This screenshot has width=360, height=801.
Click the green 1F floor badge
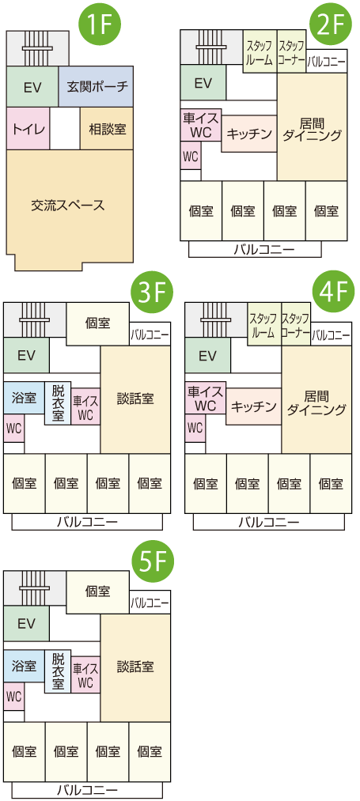(x=100, y=24)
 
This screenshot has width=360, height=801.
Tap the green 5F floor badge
(x=153, y=564)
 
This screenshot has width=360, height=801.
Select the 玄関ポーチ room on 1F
(x=96, y=86)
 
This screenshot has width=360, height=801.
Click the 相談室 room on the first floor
(x=107, y=128)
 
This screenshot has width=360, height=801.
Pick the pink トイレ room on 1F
(x=28, y=128)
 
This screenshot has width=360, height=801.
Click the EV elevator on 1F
(x=32, y=86)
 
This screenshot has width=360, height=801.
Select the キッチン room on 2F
(x=249, y=134)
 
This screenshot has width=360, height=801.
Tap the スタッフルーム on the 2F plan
(x=260, y=51)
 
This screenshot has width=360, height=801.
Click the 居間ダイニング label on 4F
(x=316, y=402)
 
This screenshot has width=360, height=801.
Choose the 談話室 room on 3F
(x=135, y=399)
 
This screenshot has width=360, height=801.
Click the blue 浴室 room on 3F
(x=24, y=398)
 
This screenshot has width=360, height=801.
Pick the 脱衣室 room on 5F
(x=58, y=671)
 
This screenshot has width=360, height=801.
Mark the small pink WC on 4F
(x=195, y=428)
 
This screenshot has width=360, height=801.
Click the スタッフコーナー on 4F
(x=295, y=324)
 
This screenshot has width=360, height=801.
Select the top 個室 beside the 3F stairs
(x=97, y=323)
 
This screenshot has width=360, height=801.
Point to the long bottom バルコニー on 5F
(x=87, y=790)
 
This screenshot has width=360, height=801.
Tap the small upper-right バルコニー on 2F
(x=326, y=61)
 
